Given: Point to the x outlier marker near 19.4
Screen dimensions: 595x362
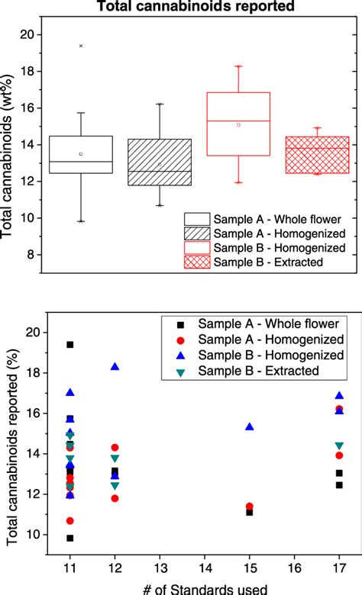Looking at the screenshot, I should click(x=81, y=46).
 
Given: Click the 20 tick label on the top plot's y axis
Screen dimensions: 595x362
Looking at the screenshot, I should click(x=27, y=35).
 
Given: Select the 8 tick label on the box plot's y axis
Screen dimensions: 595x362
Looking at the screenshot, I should click(x=31, y=255).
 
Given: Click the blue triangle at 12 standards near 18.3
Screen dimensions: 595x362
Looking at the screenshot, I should click(x=115, y=367).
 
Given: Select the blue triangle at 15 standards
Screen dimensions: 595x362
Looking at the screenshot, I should click(x=250, y=427).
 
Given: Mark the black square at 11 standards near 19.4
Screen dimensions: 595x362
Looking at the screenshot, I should click(x=70, y=345).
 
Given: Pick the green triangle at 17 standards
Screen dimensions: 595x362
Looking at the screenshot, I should click(x=339, y=445).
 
